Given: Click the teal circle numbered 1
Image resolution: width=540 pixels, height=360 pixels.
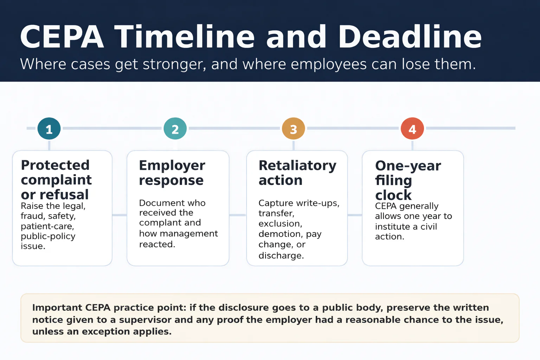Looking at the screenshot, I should coord(49,129).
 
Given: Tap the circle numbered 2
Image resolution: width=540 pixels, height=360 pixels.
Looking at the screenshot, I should coord(175,129).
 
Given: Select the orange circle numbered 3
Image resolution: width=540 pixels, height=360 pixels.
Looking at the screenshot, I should coord(293,129).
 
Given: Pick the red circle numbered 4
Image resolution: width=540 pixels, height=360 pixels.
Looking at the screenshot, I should coord(412,129).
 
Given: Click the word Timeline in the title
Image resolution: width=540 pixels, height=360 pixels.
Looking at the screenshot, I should coord(185,37).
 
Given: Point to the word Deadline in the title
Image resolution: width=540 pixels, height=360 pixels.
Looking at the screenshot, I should coord(410,37).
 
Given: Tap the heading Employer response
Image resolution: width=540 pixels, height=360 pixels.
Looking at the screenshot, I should coord(172,173).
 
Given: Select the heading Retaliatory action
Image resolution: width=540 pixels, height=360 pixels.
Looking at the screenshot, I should coord(297,173).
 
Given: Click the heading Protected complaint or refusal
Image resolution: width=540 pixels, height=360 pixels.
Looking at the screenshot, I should coord(56,180).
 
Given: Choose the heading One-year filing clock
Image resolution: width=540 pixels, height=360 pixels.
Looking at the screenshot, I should coord(408,180).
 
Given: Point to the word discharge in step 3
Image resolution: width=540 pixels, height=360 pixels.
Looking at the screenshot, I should coord(281,256).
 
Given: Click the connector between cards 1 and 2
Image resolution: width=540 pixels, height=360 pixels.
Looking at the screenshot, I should coord(120,215).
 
